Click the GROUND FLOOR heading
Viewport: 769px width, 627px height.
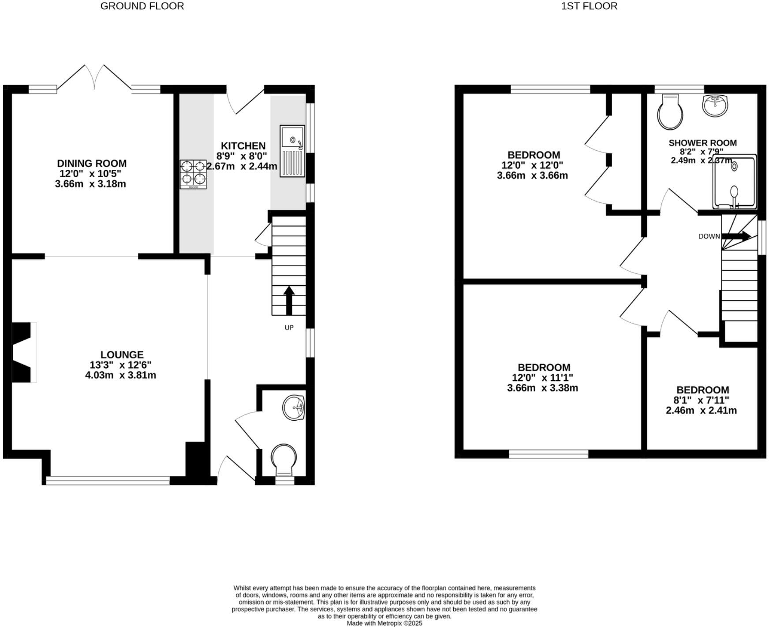(x=142, y=6)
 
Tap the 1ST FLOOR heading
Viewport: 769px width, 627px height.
(x=589, y=6)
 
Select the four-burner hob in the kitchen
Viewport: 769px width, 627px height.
(x=193, y=174)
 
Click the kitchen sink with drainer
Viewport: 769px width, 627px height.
(x=292, y=151)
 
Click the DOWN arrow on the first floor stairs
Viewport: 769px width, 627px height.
(x=735, y=236)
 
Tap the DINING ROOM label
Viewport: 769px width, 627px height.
(x=92, y=164)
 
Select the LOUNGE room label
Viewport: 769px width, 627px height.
(x=122, y=355)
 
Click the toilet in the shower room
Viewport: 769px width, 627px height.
(x=670, y=113)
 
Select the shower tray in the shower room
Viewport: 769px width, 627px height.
(x=734, y=182)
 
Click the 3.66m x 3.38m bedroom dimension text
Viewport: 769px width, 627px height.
(x=542, y=388)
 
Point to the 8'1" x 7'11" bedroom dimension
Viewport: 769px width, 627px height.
(x=701, y=400)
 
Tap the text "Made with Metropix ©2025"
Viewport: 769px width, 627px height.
(x=384, y=623)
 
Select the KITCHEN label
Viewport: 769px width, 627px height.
(x=243, y=146)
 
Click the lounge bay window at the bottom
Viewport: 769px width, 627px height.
(x=108, y=481)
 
